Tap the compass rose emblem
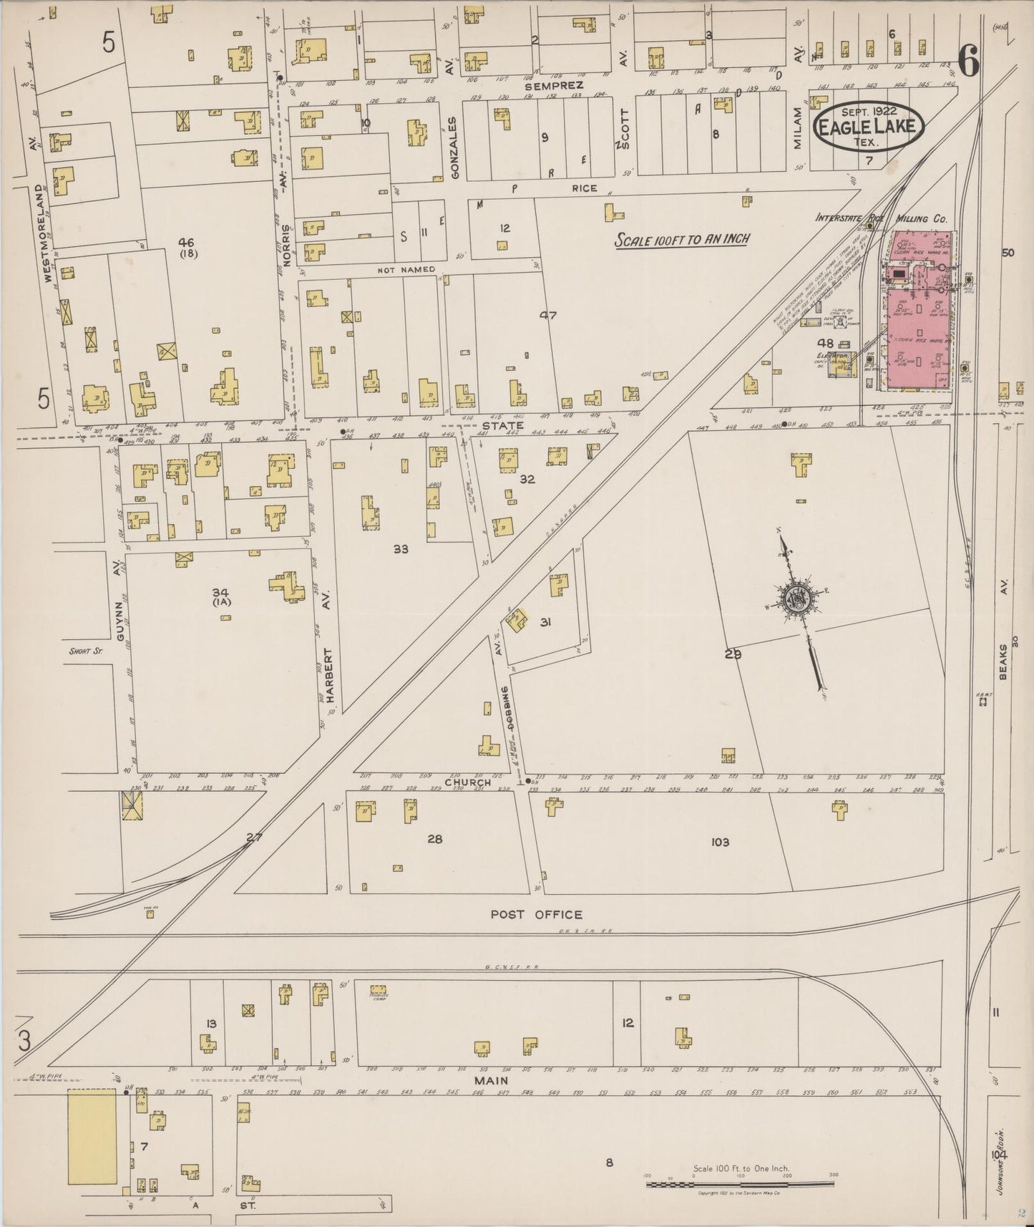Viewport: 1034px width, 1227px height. (x=796, y=600)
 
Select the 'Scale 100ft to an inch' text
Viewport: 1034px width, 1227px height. (x=681, y=239)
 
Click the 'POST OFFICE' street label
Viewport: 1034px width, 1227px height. (x=536, y=914)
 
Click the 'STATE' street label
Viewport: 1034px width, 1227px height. (x=506, y=425)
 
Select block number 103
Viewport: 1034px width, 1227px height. (x=720, y=842)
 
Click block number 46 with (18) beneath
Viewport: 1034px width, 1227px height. (x=189, y=247)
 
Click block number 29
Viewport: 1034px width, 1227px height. (x=732, y=654)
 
